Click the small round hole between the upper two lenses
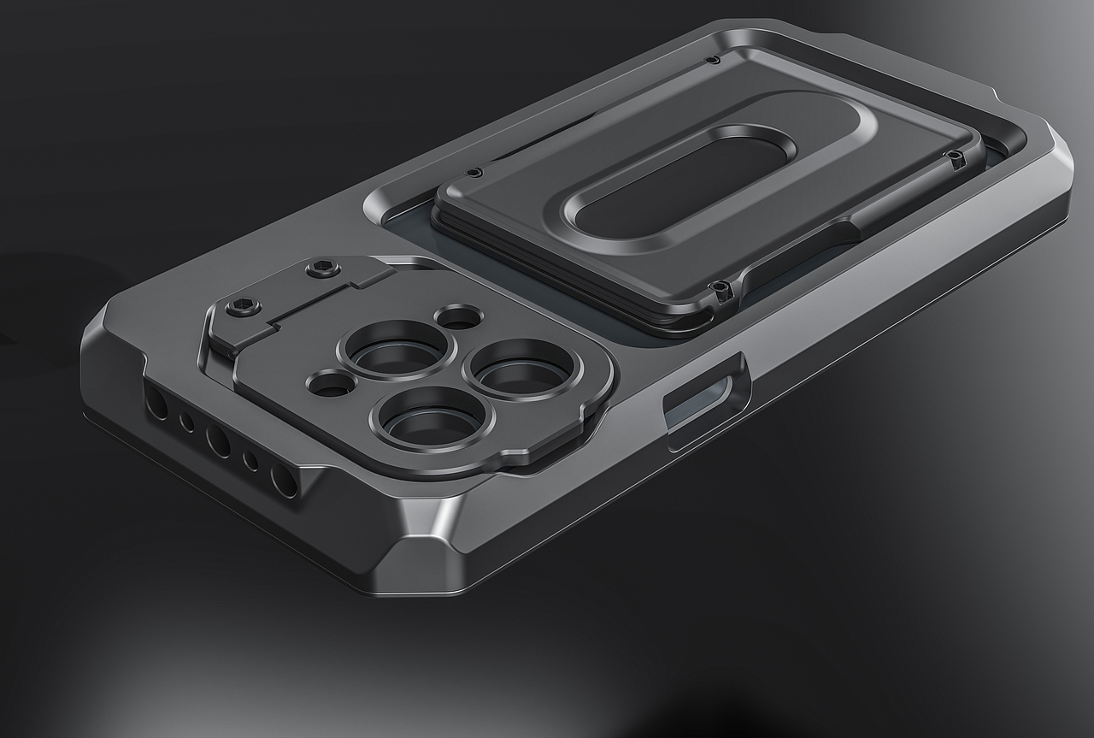click(x=459, y=318)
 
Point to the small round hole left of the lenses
click(x=330, y=384)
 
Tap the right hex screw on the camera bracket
click(x=322, y=269)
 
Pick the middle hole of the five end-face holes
click(x=217, y=440)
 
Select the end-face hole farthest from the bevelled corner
click(x=156, y=403)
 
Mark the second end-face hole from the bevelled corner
click(x=250, y=461)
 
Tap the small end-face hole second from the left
click(x=186, y=421)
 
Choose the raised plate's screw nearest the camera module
click(x=475, y=173)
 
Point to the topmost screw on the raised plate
click(x=711, y=60)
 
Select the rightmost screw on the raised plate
click(x=953, y=156)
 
